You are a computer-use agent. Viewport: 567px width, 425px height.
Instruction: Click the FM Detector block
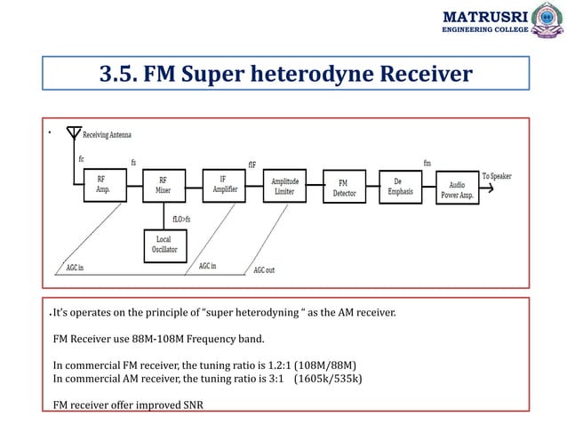point(345,188)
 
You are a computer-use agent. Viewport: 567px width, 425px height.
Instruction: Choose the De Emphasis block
point(404,186)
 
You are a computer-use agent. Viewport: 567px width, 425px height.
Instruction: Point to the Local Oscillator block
point(164,245)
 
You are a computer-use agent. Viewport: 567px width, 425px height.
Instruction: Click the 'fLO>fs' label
point(182,217)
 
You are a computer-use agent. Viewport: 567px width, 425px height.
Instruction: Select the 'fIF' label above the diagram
point(252,164)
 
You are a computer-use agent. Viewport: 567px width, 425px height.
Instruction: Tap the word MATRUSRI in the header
point(484,16)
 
